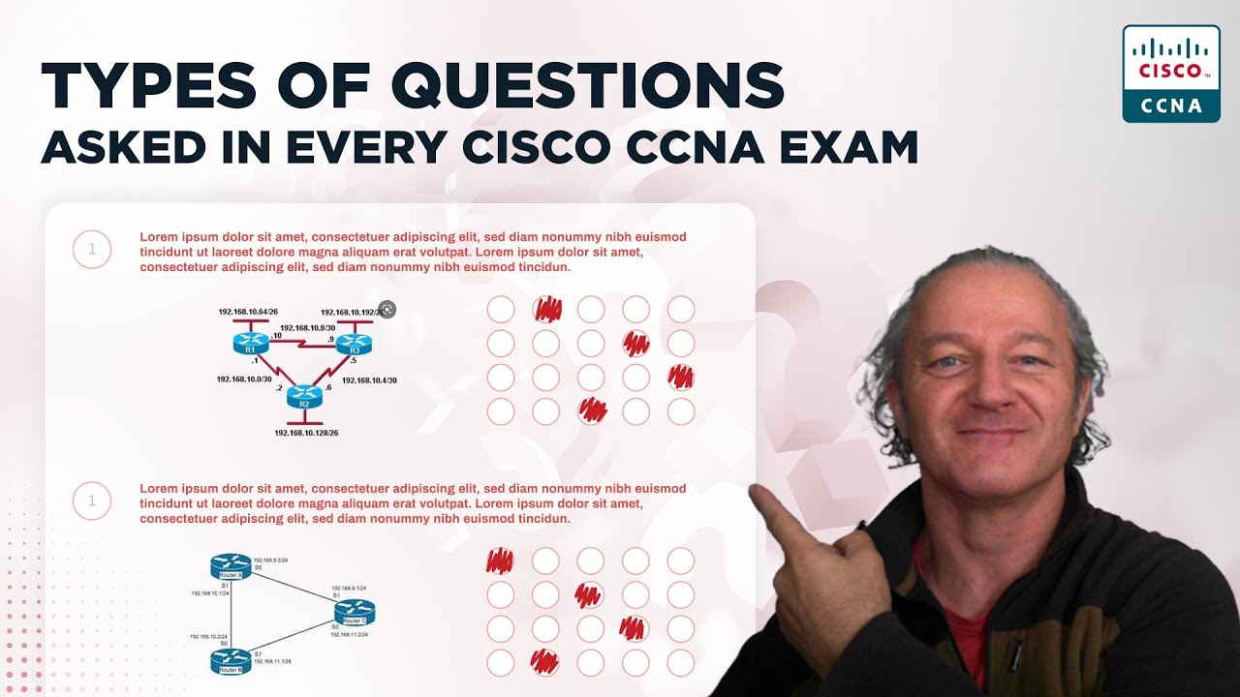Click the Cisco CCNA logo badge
pos(1170,74)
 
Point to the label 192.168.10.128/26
pos(306,434)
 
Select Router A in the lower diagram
pos(231,567)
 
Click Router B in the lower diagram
pos(231,661)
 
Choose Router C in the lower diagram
pos(355,612)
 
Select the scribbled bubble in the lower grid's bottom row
pos(545,662)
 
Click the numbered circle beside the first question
pos(92,250)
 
